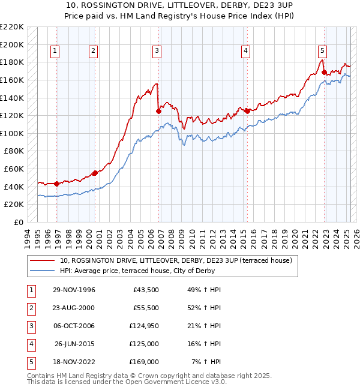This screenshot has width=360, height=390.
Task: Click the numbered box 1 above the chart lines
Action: point(55,51)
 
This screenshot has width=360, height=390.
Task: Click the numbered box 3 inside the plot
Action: point(156,51)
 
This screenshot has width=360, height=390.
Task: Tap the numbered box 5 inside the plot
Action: point(322,51)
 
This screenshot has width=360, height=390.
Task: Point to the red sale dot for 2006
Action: point(158,110)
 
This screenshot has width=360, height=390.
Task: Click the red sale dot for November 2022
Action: point(325,72)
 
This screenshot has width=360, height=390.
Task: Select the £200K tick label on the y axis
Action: point(12,44)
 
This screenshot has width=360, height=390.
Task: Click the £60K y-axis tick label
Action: point(14,169)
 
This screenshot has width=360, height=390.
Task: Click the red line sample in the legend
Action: point(43,260)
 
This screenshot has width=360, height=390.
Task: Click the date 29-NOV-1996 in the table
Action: point(74,290)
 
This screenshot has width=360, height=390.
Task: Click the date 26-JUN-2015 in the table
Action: point(74,344)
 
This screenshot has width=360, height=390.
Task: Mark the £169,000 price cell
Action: point(145,362)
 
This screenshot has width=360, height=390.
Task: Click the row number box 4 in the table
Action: point(31,344)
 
